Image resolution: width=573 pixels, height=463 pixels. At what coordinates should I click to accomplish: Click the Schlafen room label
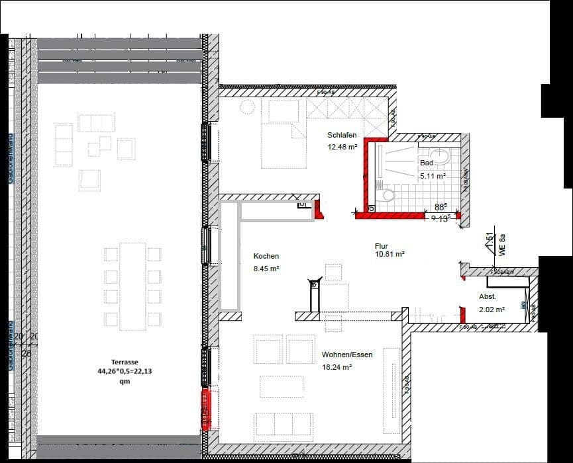click(x=342, y=135)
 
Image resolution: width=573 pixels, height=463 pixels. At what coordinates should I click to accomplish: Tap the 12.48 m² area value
click(x=342, y=147)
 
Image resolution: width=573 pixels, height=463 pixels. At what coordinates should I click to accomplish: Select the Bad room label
click(x=426, y=163)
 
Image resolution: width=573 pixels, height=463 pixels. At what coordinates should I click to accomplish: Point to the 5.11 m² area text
click(x=432, y=177)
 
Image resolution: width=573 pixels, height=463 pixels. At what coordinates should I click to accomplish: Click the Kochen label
click(x=266, y=256)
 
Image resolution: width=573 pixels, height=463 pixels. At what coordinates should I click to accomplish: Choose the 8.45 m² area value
click(x=266, y=269)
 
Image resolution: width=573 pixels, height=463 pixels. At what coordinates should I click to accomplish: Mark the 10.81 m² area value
click(x=390, y=253)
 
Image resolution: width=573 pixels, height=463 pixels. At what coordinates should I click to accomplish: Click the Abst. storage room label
click(x=488, y=297)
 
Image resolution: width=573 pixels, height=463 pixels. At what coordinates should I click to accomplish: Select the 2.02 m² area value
click(x=492, y=309)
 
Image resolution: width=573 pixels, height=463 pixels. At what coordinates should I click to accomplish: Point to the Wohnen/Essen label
click(x=347, y=355)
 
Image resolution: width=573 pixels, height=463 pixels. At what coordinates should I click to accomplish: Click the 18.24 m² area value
click(x=337, y=366)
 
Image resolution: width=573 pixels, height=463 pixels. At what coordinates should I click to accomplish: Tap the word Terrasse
click(x=125, y=362)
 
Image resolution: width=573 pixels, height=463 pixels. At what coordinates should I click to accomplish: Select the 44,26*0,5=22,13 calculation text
click(x=125, y=372)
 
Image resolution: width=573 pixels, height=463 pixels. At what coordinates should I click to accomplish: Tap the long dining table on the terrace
click(x=132, y=286)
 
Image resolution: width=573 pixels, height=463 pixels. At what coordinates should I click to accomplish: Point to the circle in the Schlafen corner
click(x=246, y=107)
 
